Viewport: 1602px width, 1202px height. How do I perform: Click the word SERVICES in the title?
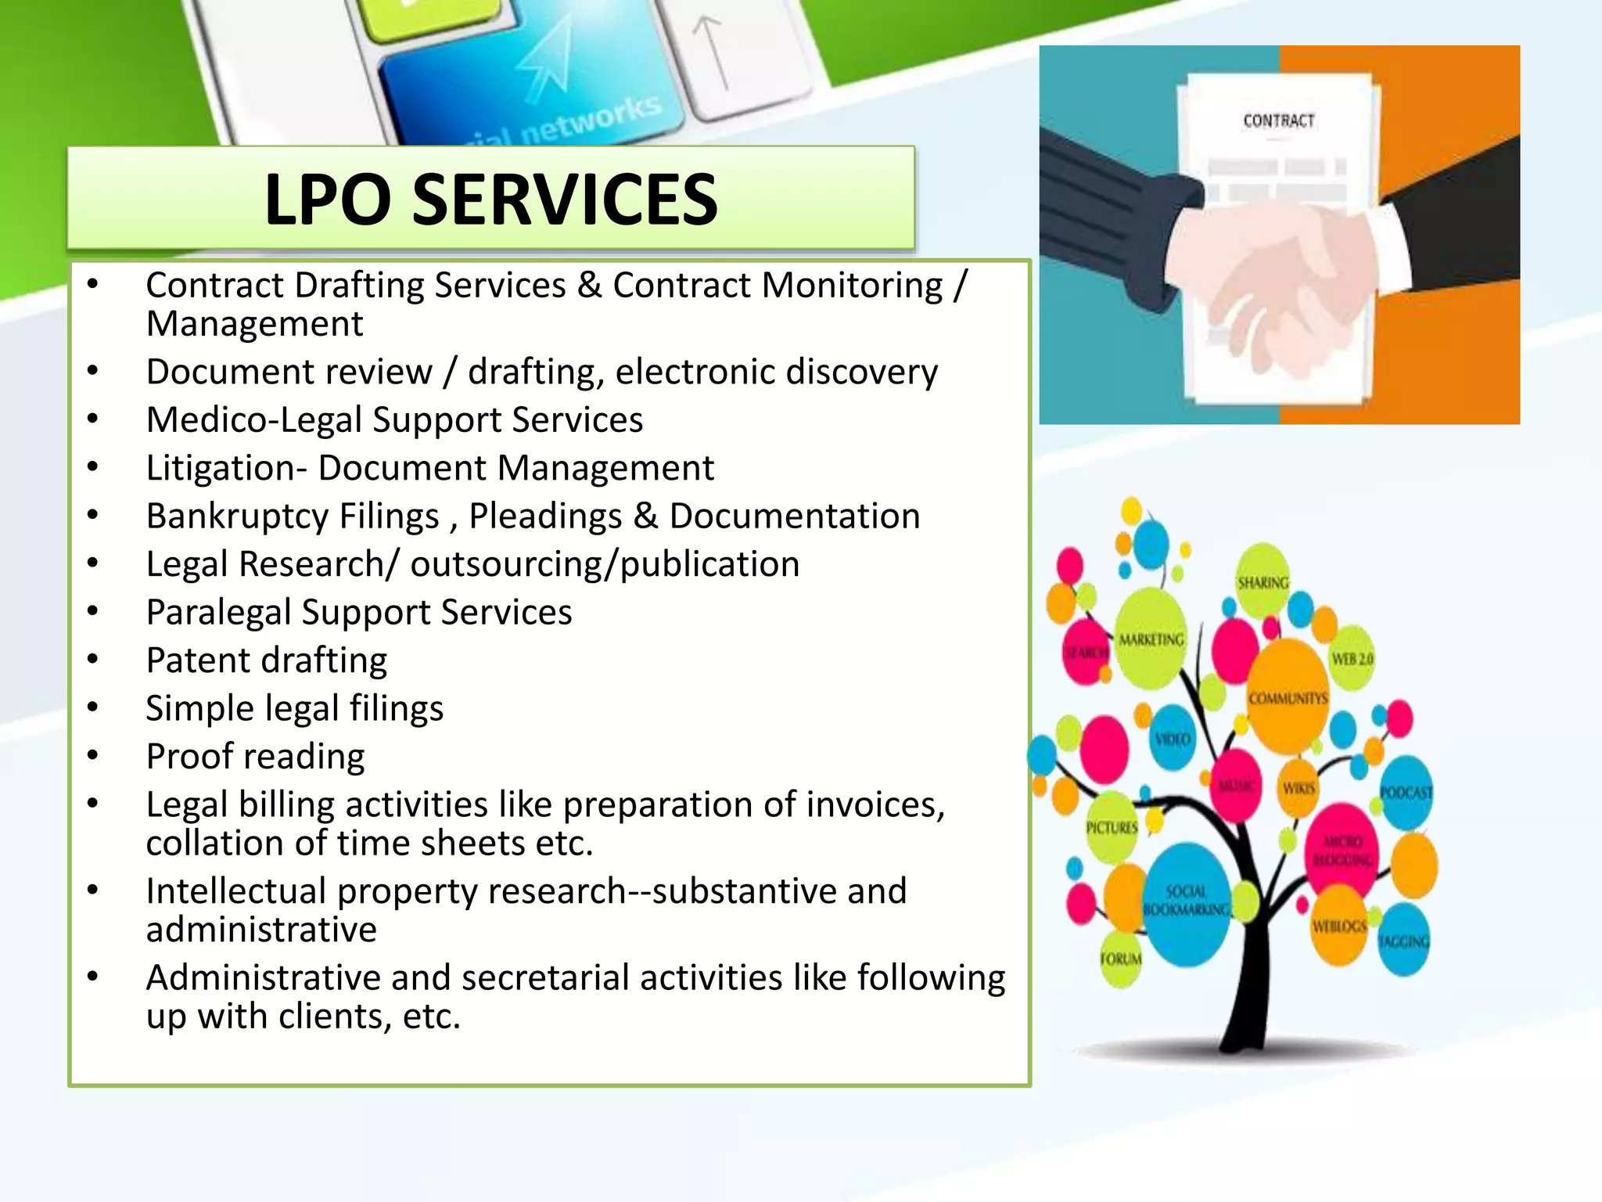coord(564,200)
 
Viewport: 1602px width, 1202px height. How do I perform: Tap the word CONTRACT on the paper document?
coord(1278,121)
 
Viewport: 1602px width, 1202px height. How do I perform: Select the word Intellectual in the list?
coord(235,891)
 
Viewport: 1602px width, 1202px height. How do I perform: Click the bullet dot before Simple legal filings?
coord(93,707)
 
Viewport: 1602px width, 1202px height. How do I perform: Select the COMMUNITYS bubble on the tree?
coord(1288,696)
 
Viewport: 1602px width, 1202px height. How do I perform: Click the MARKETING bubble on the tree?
coord(1151,639)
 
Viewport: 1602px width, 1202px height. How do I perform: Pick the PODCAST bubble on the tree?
coord(1406,792)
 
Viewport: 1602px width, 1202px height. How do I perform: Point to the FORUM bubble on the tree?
coord(1120,959)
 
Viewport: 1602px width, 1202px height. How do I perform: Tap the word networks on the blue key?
coord(591,121)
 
